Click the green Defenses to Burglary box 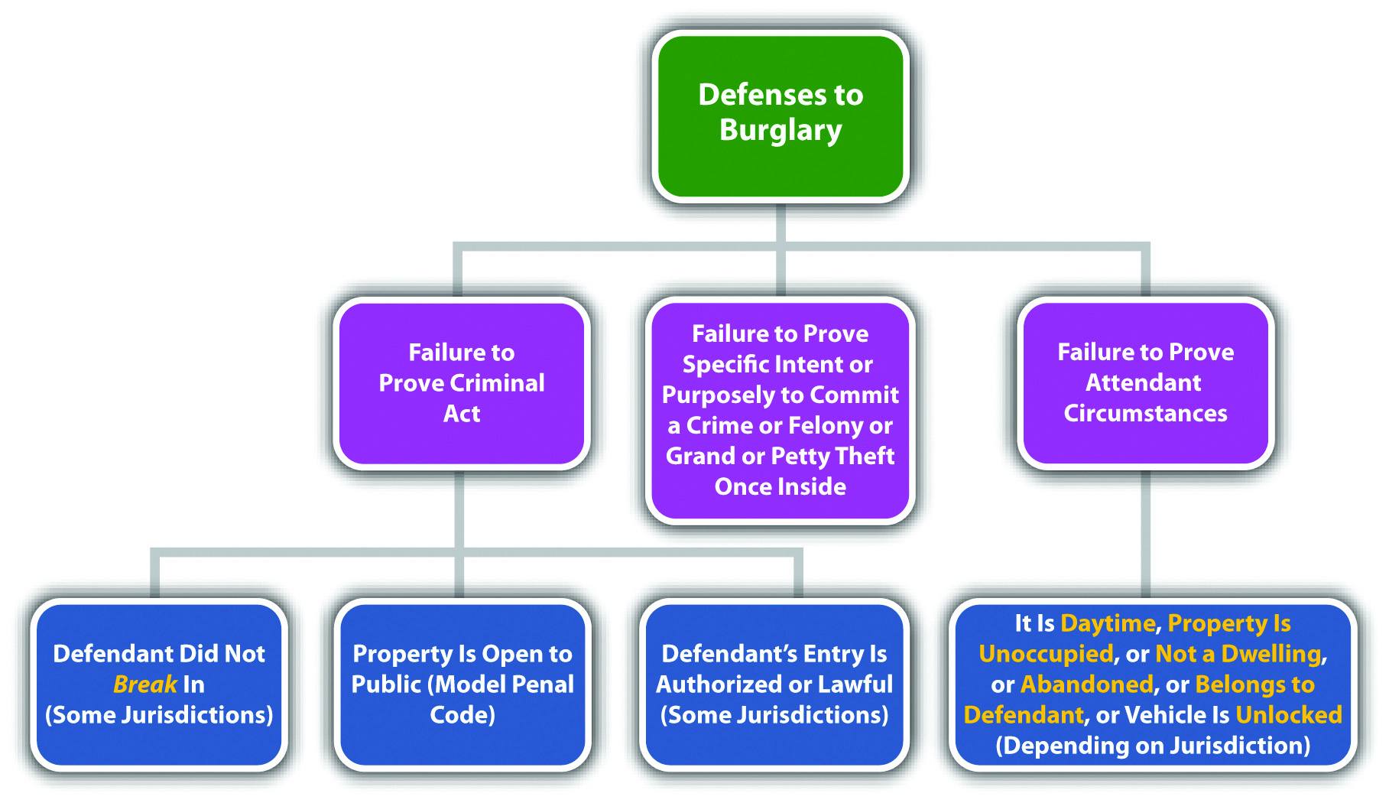[x=781, y=116]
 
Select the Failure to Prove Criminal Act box [x=462, y=383]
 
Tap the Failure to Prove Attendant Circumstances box [x=1145, y=383]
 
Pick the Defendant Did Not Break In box [x=159, y=684]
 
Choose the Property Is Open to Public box [x=462, y=684]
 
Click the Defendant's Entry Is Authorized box [x=774, y=684]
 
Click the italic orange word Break [x=145, y=684]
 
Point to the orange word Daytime [x=1108, y=624]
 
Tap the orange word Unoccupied [x=1046, y=654]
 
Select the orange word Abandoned [x=1087, y=684]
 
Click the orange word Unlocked [x=1289, y=715]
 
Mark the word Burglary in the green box [x=781, y=131]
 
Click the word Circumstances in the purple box [x=1145, y=414]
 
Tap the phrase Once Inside [x=781, y=487]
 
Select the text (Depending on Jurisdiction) [x=1153, y=746]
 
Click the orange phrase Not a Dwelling [x=1238, y=654]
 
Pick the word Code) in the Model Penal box [x=462, y=715]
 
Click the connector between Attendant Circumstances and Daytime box [x=1145, y=534]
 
